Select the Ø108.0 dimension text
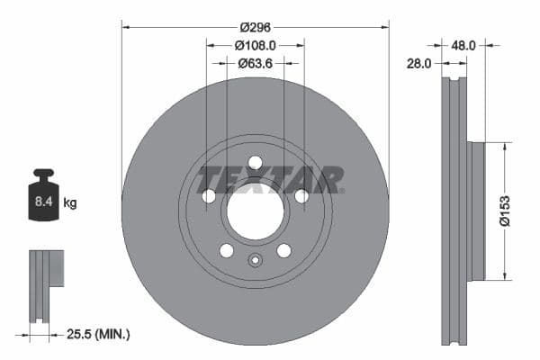[x=255, y=44]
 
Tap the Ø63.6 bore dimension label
[x=255, y=63]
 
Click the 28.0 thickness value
[x=419, y=64]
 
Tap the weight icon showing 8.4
[x=42, y=197]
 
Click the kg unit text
[x=70, y=203]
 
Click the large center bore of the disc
[x=255, y=213]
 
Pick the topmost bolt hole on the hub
[x=255, y=163]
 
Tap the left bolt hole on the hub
[x=209, y=196]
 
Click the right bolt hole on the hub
[x=301, y=196]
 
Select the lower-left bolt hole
[x=227, y=250]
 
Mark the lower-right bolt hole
[x=283, y=250]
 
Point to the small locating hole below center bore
[x=255, y=262]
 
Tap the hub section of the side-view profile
[x=477, y=211]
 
